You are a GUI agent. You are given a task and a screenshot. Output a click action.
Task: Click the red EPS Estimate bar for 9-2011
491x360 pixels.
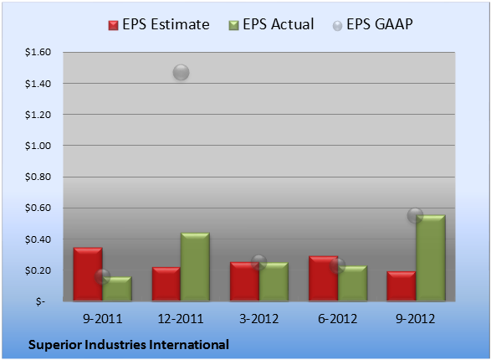coord(88,274)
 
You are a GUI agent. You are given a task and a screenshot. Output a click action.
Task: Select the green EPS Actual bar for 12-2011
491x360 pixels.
coord(195,266)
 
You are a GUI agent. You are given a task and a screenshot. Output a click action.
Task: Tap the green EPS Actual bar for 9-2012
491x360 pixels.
coord(431,258)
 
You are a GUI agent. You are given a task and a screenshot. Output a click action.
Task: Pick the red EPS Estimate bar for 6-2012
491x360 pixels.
coord(323,279)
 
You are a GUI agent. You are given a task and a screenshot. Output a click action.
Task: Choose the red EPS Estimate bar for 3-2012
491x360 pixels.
coord(244,281)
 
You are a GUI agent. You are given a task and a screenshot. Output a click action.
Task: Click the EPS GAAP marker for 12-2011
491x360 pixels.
coord(181,72)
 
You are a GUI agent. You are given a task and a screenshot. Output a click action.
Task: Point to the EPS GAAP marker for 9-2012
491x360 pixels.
coord(415,215)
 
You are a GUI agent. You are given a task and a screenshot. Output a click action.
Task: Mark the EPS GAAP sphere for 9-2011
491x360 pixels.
coord(102,276)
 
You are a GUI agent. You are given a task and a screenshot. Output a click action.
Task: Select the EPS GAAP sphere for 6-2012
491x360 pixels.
coord(337,265)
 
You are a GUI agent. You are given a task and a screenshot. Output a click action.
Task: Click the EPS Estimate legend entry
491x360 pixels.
coord(159,24)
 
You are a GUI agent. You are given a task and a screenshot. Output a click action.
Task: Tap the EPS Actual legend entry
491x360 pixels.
coord(271,24)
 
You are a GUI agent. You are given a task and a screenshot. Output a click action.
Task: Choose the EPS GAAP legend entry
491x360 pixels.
coord(372,24)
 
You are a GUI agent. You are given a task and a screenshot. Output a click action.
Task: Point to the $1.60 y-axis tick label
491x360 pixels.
coord(38,52)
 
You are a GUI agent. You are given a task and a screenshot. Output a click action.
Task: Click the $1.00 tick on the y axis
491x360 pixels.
coord(38,146)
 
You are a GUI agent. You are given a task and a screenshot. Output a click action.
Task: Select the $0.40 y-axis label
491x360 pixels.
coord(38,239)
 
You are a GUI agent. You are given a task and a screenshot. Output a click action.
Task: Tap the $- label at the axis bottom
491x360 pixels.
coord(40,301)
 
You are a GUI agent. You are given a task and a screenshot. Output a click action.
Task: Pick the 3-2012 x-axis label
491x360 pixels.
coord(259,319)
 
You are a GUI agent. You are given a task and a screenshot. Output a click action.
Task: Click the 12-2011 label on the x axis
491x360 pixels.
coord(181,319)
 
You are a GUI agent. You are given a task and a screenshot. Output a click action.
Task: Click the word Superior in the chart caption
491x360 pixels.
coord(55,345)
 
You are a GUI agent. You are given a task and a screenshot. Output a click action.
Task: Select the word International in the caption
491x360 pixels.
coord(189,345)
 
